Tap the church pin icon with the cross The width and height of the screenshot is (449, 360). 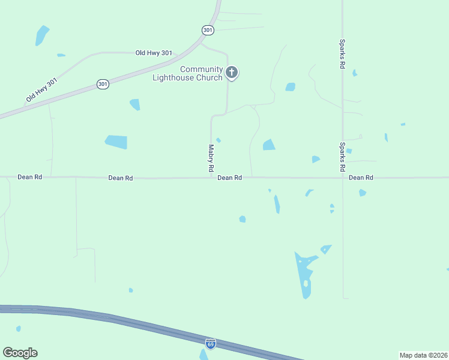(232, 73)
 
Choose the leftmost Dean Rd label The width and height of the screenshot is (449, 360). (29, 178)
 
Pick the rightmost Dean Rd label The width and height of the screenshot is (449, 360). (361, 178)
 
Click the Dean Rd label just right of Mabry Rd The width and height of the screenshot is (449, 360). (229, 178)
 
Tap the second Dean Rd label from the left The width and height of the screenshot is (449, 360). (120, 178)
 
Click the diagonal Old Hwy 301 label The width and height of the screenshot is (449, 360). (41, 89)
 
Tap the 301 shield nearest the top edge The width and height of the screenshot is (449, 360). (207, 29)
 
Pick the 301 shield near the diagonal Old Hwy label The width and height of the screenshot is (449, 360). (103, 85)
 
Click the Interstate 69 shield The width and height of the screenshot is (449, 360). (210, 344)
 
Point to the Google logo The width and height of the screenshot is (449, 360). (20, 353)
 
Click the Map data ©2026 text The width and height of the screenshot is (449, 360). (423, 355)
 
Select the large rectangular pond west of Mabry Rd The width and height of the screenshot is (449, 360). (116, 142)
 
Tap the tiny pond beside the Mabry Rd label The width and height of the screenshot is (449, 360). (218, 140)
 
